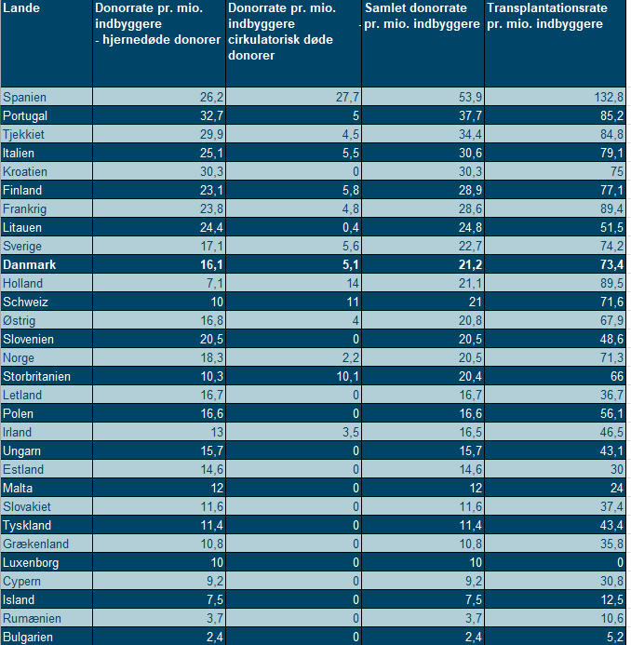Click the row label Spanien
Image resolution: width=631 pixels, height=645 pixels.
pos(25,97)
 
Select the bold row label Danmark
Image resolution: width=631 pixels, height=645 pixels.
pos(30,264)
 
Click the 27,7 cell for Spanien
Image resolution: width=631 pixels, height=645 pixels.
pos(343,97)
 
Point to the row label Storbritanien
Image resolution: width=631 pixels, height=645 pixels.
pos(37,376)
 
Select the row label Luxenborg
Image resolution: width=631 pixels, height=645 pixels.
pos(31,562)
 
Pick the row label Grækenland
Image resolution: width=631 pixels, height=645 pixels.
pos(35,544)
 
